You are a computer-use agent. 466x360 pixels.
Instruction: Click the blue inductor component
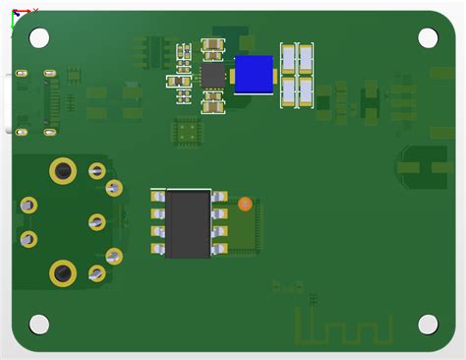pos(254,75)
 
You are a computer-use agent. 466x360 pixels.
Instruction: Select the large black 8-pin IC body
pos(188,223)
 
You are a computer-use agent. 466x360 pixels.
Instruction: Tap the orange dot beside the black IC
pos(245,204)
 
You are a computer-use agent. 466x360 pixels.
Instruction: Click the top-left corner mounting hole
pos(39,37)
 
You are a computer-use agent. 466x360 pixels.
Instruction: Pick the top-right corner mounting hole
pos(428,37)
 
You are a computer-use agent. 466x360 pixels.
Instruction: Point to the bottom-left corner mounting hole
pos(39,324)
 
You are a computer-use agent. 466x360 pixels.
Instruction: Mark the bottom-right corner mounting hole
pos(428,324)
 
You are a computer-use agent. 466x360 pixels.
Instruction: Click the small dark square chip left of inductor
pos(213,75)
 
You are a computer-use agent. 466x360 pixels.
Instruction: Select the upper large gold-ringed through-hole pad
pos(63,171)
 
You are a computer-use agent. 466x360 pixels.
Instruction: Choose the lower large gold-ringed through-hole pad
pos(63,272)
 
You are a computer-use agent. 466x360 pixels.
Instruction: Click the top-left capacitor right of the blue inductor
pos(289,58)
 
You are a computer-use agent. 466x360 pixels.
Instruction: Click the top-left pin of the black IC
pos(157,198)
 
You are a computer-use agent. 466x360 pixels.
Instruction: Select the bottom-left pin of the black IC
pos(157,250)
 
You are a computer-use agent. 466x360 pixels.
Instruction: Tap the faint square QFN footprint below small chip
pos(187,132)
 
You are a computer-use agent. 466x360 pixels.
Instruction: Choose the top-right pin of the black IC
pos(219,198)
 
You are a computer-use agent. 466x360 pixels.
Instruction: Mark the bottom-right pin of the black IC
pos(219,250)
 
